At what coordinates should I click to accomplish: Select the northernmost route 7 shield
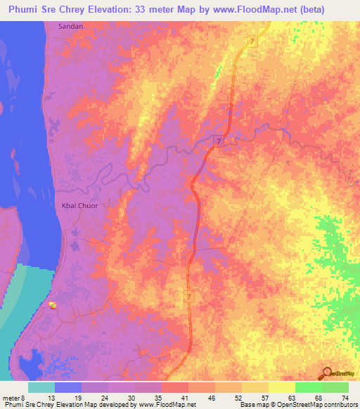(x=252, y=43)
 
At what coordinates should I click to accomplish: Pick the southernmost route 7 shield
(x=189, y=298)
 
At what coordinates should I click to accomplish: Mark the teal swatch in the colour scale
(x=41, y=387)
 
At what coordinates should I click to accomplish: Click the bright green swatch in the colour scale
(x=309, y=387)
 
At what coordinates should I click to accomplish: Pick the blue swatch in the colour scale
(x=68, y=387)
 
